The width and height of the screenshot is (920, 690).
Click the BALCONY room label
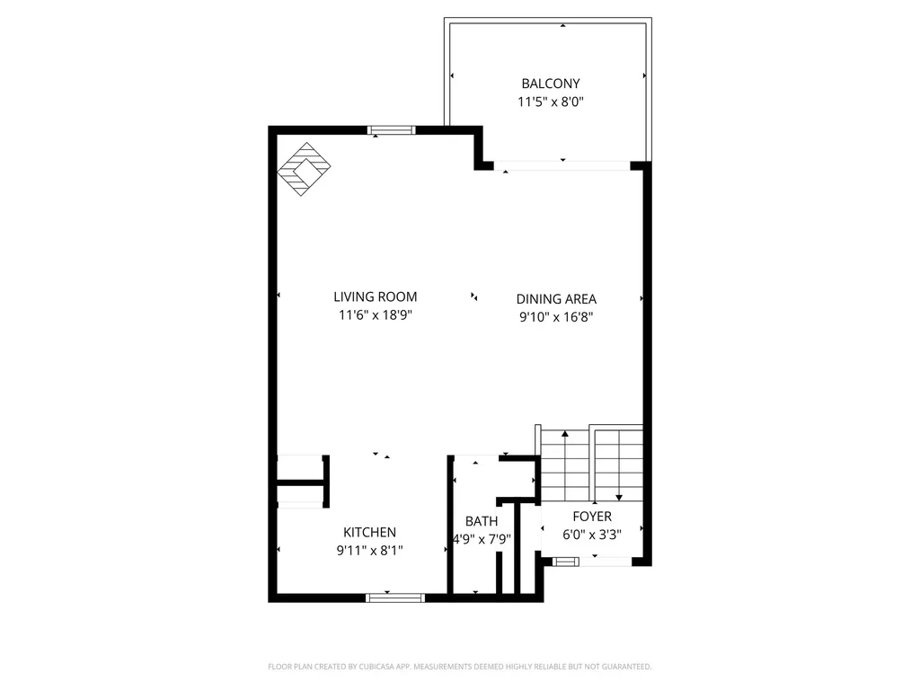click(x=551, y=84)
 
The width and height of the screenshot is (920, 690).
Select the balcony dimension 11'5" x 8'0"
click(x=551, y=102)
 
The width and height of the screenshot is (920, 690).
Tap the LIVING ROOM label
click(x=375, y=296)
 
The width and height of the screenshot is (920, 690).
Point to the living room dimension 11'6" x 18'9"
click(x=375, y=315)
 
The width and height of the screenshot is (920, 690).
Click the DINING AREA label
click(x=556, y=299)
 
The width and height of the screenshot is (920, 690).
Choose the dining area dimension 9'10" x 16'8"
click(x=556, y=317)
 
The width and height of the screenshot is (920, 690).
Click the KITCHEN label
click(x=369, y=533)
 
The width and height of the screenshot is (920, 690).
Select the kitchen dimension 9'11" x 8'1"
click(x=369, y=551)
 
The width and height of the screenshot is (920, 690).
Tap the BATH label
click(x=482, y=521)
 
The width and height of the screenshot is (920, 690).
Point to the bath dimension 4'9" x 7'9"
click(x=482, y=540)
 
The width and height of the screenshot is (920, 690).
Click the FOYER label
click(x=592, y=517)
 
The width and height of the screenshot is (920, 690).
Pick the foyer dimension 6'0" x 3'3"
click(x=592, y=535)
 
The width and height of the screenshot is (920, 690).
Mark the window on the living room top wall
click(x=393, y=130)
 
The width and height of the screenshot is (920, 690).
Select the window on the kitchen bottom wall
click(x=395, y=597)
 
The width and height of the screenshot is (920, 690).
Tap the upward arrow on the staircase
click(x=565, y=437)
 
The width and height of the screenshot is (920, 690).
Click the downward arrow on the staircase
click(x=619, y=495)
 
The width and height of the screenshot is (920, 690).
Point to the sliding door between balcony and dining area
click(x=562, y=165)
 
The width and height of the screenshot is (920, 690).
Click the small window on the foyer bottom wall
click(x=566, y=562)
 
